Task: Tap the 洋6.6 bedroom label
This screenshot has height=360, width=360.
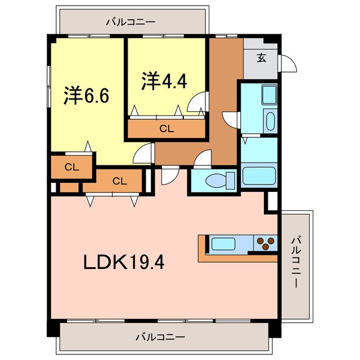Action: (85, 94)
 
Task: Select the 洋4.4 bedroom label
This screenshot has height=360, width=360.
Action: (164, 80)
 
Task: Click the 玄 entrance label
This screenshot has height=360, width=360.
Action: (262, 57)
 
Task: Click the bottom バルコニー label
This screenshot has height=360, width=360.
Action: (160, 337)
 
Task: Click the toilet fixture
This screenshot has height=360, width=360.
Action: (217, 181)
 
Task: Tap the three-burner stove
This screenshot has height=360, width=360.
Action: (265, 244)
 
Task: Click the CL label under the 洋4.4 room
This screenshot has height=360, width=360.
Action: (166, 128)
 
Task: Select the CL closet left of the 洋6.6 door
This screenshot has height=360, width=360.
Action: (71, 166)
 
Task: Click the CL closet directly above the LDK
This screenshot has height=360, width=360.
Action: (119, 181)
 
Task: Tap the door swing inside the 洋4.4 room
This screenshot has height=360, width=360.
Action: (198, 102)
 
